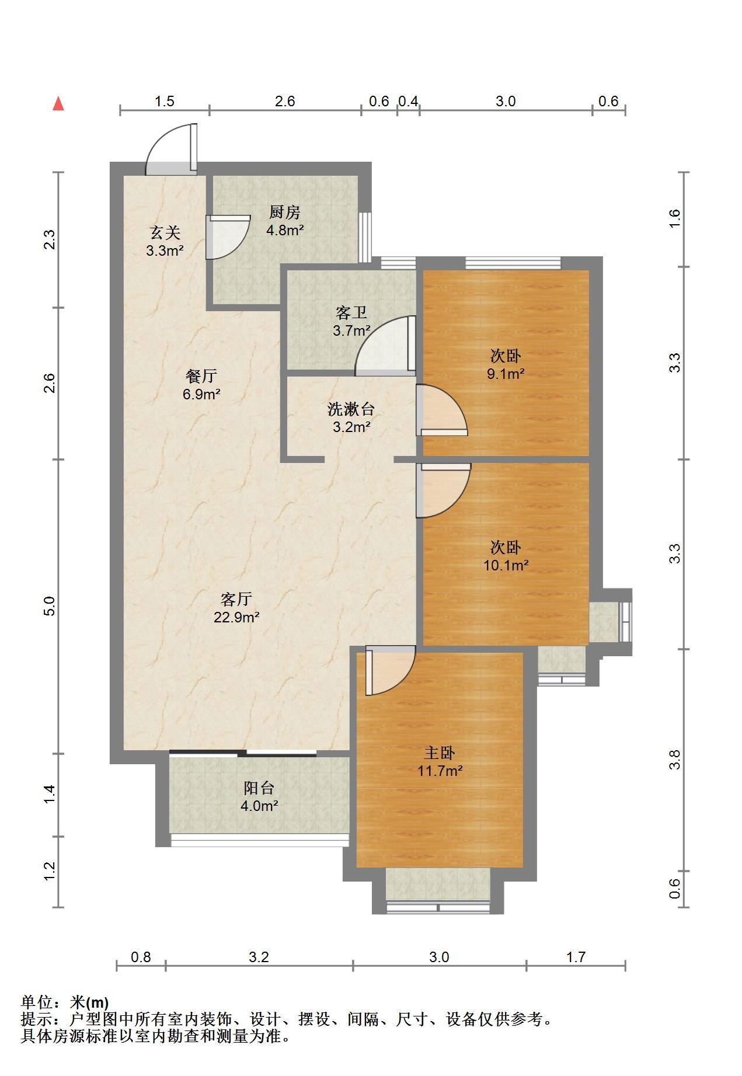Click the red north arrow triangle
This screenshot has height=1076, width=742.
(58, 104)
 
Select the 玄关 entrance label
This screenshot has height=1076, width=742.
(165, 233)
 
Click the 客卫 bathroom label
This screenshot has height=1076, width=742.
(351, 313)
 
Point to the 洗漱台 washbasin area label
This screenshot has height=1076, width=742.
(351, 409)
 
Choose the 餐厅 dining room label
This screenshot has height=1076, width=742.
(201, 376)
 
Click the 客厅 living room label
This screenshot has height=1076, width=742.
(236, 599)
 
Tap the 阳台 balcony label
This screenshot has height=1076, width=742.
(259, 788)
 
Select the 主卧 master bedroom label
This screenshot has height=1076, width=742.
(440, 753)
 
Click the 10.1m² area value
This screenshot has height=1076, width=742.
(506, 565)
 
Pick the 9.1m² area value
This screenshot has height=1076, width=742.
(506, 374)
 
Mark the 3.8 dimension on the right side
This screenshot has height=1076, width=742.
(675, 760)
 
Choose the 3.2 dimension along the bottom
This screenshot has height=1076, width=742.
(259, 957)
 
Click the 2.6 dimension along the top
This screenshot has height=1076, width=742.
(285, 101)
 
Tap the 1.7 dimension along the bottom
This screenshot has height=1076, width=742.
(576, 957)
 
